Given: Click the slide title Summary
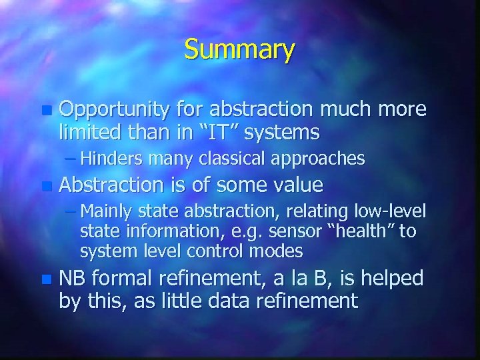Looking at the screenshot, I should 239,50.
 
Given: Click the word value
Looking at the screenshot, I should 295,184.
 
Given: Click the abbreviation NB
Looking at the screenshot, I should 73,278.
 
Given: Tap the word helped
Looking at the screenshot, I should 394,278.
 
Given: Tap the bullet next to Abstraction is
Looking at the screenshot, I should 45,185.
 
